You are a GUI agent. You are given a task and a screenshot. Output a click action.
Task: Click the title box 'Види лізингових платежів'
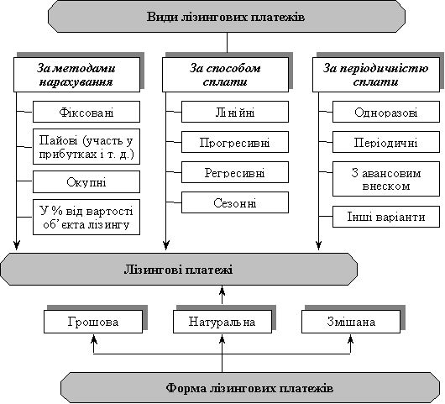(227, 17)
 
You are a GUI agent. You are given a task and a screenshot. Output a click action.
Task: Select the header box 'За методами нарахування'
(77, 75)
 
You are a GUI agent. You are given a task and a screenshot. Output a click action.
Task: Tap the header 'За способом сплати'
(225, 75)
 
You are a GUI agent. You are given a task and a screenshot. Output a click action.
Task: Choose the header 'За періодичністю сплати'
(376, 75)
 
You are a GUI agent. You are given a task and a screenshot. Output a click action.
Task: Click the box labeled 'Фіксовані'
(86, 112)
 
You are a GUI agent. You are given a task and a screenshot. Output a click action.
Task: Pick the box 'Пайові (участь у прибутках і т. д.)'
(86, 146)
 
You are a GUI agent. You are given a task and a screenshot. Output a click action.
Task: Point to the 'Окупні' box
(86, 181)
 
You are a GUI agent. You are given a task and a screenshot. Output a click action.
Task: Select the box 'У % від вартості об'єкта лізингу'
(86, 218)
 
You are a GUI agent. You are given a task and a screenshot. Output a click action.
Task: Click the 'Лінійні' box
(235, 112)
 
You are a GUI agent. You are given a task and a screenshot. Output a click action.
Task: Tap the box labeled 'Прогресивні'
(235, 142)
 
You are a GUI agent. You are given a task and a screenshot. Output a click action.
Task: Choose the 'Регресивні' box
(235, 172)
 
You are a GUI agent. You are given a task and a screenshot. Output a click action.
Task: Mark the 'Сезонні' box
(235, 202)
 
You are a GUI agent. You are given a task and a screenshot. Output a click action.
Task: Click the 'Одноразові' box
(386, 112)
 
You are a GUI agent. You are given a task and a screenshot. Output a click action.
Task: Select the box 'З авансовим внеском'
(386, 179)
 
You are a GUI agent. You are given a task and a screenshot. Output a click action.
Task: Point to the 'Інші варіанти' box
(386, 217)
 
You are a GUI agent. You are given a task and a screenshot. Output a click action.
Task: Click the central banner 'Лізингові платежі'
(179, 269)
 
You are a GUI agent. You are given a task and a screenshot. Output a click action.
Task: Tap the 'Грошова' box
(93, 322)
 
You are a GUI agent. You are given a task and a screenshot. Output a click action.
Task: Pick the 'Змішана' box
(351, 322)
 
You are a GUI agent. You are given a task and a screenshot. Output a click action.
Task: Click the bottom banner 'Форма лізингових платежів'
(250, 388)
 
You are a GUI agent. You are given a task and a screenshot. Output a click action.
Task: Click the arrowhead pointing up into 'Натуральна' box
(222, 338)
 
